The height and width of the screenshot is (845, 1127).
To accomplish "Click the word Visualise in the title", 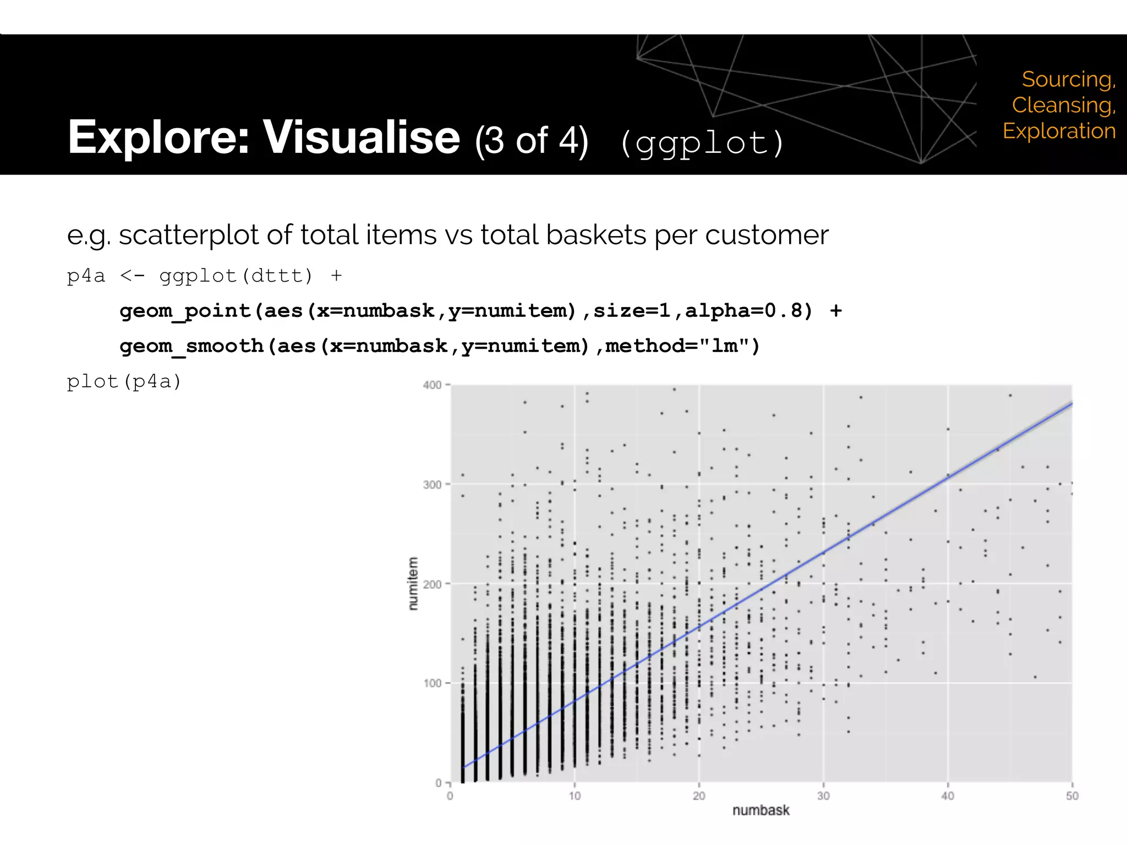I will pyautogui.click(x=361, y=138).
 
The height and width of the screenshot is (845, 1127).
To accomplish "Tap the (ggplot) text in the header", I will pyautogui.click(x=702, y=144).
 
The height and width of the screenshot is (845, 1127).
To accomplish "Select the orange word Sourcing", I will pyautogui.click(x=1068, y=80).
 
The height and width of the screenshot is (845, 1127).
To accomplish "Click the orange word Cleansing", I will pyautogui.click(x=1063, y=105).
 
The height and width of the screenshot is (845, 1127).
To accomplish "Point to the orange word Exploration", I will pyautogui.click(x=1059, y=131).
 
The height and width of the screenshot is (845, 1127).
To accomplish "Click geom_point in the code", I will pyautogui.click(x=185, y=311).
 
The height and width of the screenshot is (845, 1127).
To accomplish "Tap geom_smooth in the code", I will pyautogui.click(x=192, y=347).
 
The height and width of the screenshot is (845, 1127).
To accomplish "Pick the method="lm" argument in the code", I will pyautogui.click(x=682, y=347).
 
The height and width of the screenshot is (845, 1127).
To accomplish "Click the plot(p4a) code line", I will pyautogui.click(x=124, y=381).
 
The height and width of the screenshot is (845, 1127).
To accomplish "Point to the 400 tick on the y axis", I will pyautogui.click(x=432, y=385).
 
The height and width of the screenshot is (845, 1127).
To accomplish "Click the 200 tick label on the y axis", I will pyautogui.click(x=432, y=584).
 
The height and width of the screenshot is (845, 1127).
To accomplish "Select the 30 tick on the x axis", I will pyautogui.click(x=823, y=796).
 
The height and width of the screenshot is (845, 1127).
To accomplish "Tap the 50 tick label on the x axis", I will pyautogui.click(x=1071, y=796).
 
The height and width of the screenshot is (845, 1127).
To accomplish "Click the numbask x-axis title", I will pyautogui.click(x=761, y=810).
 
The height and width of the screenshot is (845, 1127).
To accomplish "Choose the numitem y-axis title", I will pyautogui.click(x=413, y=583).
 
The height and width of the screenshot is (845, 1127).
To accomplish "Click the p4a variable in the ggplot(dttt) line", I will pyautogui.click(x=85, y=276).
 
